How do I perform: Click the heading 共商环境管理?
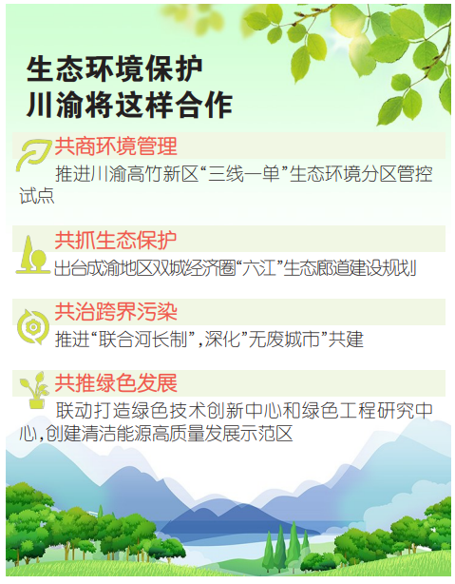pyautogui.click(x=116, y=146)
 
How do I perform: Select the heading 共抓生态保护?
pyautogui.click(x=116, y=241)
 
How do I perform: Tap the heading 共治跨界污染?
pyautogui.click(x=116, y=312)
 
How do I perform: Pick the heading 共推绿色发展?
pyautogui.click(x=116, y=383)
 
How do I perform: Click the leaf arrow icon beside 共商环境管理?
pyautogui.click(x=32, y=154)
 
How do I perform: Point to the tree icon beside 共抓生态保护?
pyautogui.click(x=32, y=255)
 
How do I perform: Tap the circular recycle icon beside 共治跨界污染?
pyautogui.click(x=32, y=327)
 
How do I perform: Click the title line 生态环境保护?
pyautogui.click(x=115, y=69)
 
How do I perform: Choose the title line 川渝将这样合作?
pyautogui.click(x=129, y=104)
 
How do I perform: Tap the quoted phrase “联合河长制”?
pyautogui.click(x=143, y=340)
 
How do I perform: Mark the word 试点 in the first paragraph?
pyautogui.click(x=37, y=196)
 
